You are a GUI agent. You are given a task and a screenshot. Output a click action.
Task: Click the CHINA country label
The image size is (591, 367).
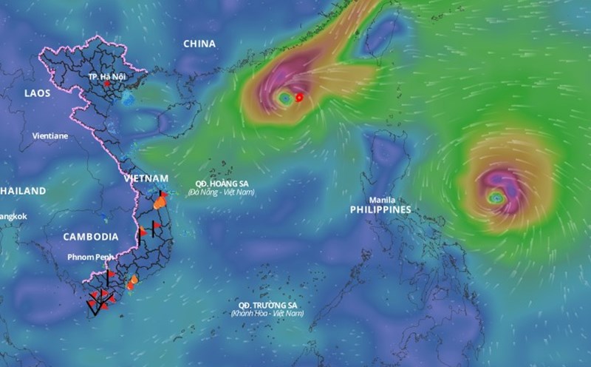(199, 44)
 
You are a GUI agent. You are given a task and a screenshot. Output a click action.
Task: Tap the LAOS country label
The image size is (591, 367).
(37, 93)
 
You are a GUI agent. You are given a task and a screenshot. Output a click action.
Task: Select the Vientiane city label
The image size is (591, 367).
(50, 136)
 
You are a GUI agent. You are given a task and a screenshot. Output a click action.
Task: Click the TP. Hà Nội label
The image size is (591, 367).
(103, 76)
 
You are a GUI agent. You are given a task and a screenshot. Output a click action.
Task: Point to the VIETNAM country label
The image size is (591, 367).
(146, 178)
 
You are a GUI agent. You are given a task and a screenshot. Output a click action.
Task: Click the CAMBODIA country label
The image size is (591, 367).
(90, 237)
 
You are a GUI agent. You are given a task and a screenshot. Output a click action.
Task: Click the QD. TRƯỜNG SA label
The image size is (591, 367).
(267, 305)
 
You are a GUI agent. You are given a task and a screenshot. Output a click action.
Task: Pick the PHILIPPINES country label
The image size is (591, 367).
(380, 210)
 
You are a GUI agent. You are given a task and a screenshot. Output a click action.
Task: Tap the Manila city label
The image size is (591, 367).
(382, 200)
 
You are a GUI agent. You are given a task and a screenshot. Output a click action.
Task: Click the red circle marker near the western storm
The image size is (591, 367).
(299, 97)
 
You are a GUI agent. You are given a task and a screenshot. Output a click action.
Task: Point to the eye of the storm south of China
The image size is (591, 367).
(285, 97)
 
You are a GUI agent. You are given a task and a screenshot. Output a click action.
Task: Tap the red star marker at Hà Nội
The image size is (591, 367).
(108, 84)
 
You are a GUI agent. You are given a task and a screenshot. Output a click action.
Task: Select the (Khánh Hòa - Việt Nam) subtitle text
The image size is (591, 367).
(267, 314)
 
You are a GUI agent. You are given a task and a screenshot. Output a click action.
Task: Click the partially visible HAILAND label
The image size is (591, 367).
(23, 191)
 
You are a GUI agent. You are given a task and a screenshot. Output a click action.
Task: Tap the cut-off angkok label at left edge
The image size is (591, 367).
(13, 216)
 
